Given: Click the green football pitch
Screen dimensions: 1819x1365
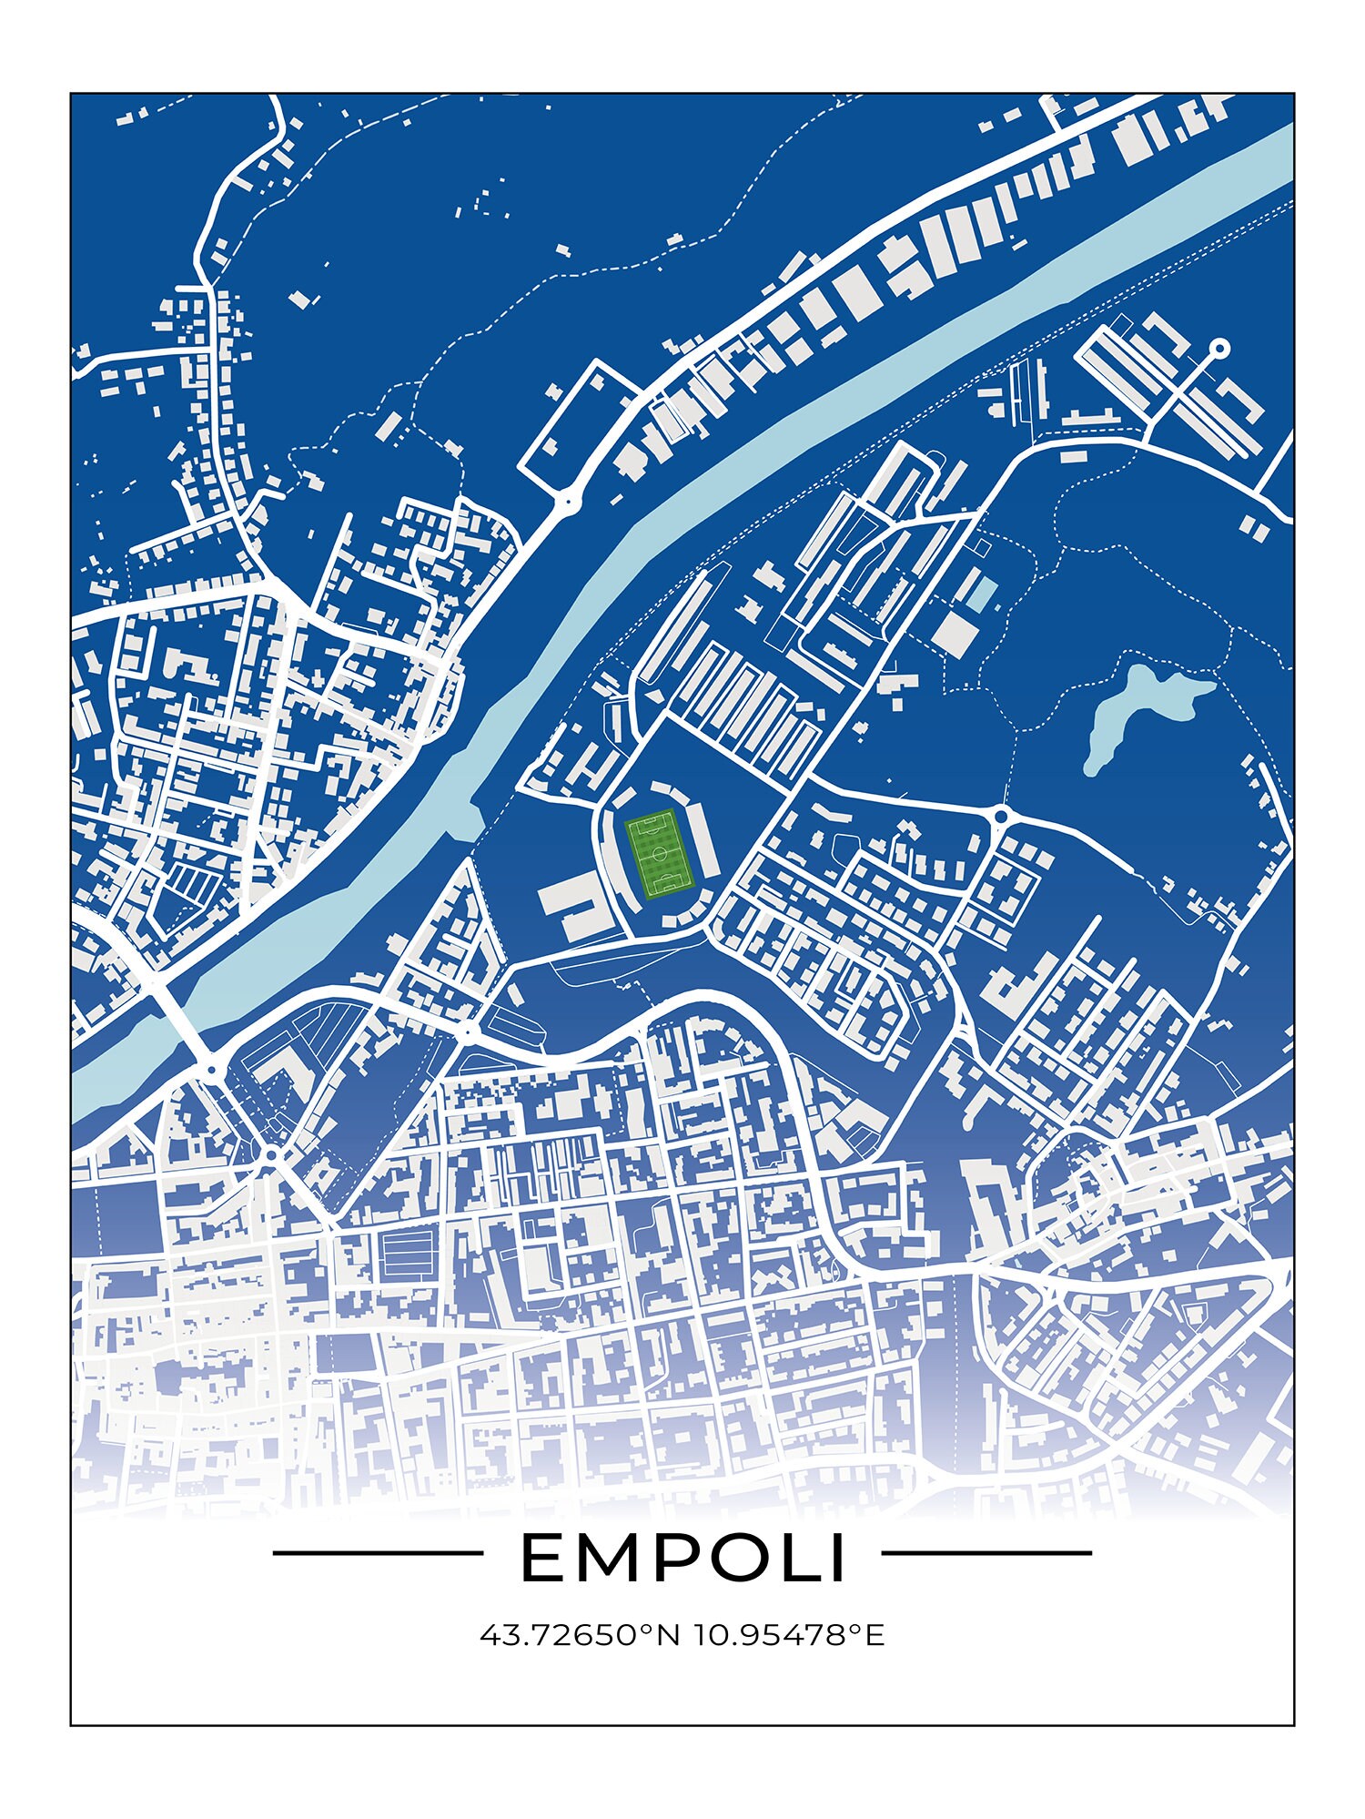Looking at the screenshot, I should click(x=660, y=855).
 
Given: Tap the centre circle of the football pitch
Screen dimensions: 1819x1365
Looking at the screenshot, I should click(x=661, y=855).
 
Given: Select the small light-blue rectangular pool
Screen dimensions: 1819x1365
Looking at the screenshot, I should click(x=980, y=593).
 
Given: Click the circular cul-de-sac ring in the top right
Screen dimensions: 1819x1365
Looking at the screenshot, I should click(x=1219, y=348).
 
